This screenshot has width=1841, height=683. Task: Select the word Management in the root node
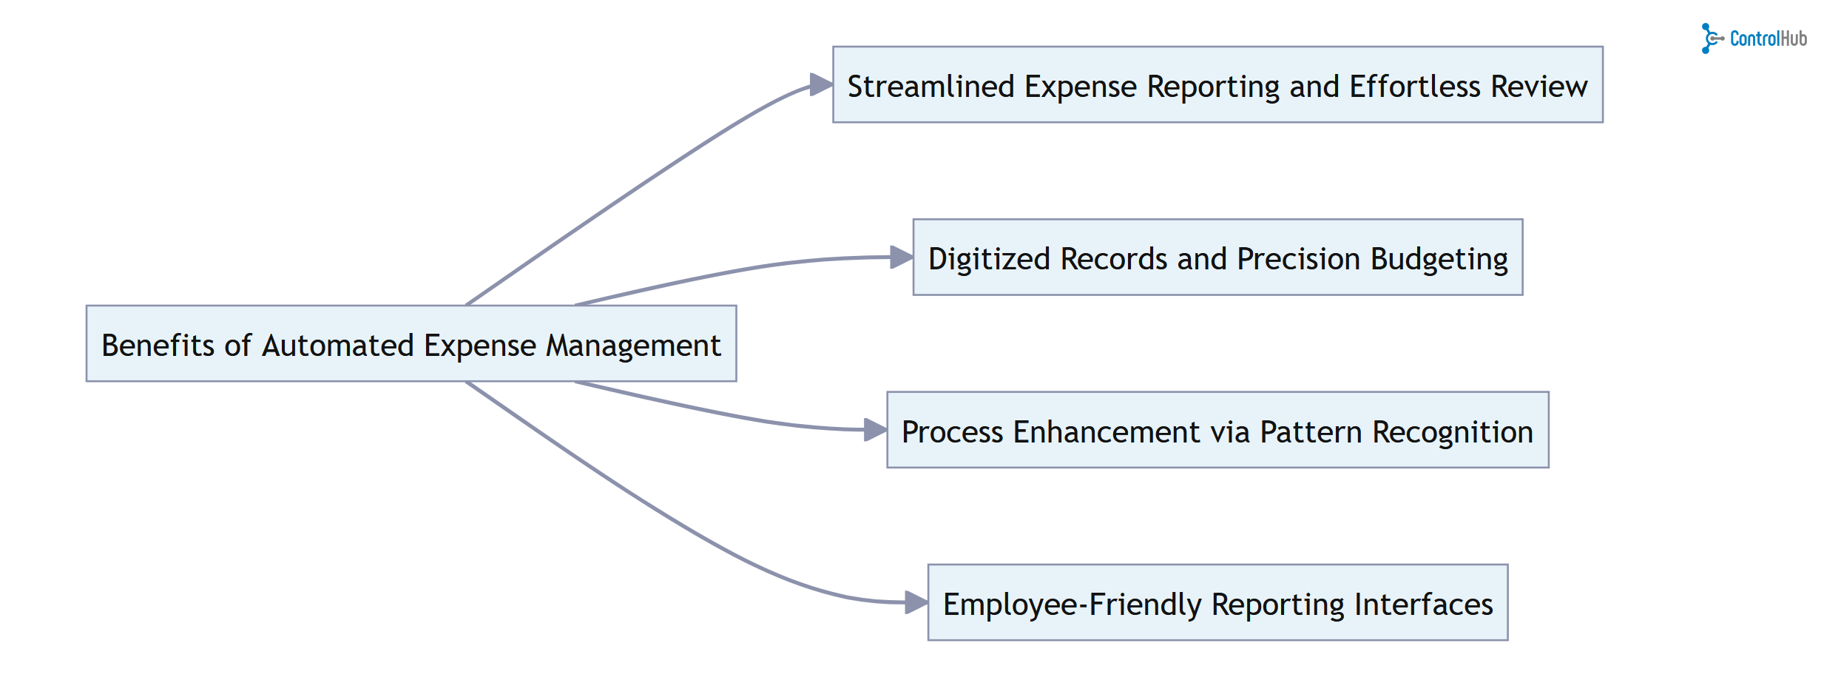633,346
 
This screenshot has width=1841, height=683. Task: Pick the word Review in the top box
1538,87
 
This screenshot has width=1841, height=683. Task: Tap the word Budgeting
1439,259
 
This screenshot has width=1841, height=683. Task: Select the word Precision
1298,259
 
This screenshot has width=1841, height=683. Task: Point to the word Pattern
1311,431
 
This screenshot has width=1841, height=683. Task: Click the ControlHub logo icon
1710,38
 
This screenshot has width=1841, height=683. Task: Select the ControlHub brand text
1768,38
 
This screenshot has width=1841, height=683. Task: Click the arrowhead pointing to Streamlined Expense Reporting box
821,84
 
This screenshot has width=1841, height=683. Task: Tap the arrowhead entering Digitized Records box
902,258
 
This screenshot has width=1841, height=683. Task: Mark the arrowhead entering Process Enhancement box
875,430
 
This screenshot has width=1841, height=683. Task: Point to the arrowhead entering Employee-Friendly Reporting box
916,602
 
